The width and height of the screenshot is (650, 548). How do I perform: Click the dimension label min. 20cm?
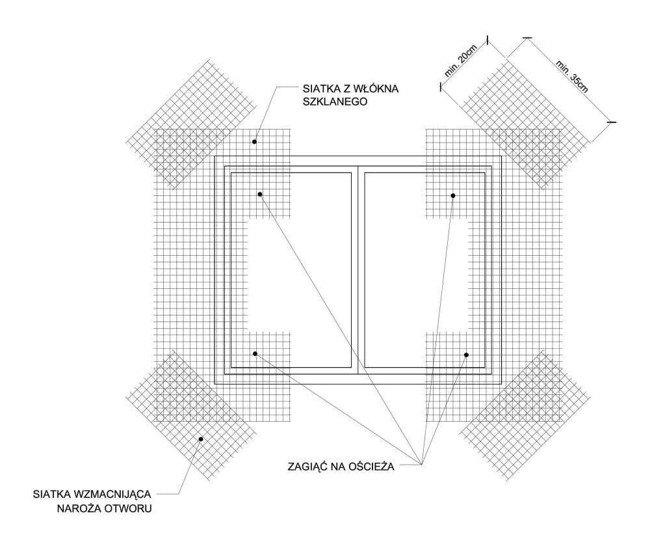click(461, 61)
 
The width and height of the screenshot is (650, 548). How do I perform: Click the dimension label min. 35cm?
click(572, 77)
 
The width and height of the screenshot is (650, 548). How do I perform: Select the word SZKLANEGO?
click(335, 102)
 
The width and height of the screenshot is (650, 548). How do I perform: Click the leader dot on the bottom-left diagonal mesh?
click(201, 439)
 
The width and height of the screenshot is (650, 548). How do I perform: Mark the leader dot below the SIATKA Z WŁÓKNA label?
click(255, 142)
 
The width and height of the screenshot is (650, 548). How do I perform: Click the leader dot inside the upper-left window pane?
click(260, 194)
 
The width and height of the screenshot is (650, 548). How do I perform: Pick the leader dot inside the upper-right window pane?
click(453, 195)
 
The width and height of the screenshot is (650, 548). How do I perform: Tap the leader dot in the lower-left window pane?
click(255, 353)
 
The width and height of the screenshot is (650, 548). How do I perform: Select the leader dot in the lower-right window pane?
click(466, 355)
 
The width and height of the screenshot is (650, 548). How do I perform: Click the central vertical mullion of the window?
click(357, 270)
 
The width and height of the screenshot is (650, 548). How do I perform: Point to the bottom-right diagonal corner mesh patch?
click(526, 415)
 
